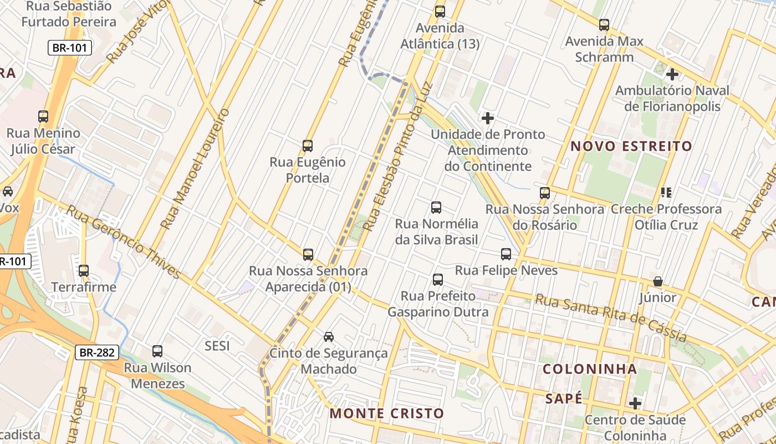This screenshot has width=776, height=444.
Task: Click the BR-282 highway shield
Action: click(x=97, y=352)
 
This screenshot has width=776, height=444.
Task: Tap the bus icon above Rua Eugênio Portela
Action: click(x=308, y=146)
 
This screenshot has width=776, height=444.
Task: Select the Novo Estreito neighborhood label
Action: click(x=631, y=147)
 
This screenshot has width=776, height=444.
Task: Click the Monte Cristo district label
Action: click(x=387, y=413)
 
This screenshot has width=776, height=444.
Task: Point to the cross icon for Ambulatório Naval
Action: click(x=672, y=74)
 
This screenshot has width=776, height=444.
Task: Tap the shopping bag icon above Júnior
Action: click(x=658, y=281)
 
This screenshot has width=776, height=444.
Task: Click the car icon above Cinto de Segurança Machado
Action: click(x=329, y=336)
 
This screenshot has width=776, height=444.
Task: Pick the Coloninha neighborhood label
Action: click(x=590, y=369)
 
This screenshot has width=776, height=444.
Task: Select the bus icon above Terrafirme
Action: click(x=84, y=271)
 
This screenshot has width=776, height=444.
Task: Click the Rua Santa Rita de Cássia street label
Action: click(x=611, y=317)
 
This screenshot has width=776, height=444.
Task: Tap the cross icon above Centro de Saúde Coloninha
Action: click(x=635, y=403)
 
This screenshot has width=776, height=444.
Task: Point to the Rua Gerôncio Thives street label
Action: click(x=124, y=242)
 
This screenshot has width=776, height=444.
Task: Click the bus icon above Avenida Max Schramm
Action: click(x=604, y=25)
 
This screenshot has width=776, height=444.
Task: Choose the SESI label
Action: click(x=217, y=346)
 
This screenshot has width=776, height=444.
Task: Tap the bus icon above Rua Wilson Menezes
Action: click(x=157, y=351)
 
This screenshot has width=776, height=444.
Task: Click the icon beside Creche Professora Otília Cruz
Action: click(x=666, y=193)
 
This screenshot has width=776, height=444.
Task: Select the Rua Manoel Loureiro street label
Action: click(x=195, y=169)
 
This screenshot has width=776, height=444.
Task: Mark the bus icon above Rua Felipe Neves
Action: click(x=506, y=254)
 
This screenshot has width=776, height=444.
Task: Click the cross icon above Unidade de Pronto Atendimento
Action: click(x=488, y=118)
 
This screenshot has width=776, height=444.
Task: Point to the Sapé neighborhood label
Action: click(x=564, y=398)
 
